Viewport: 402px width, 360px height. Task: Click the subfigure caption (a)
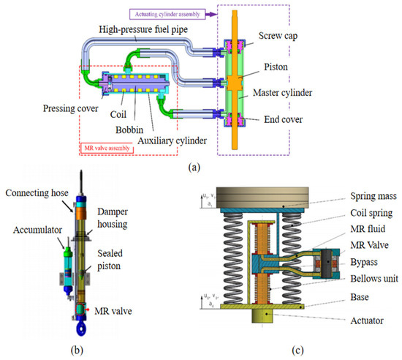coord(195,167)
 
